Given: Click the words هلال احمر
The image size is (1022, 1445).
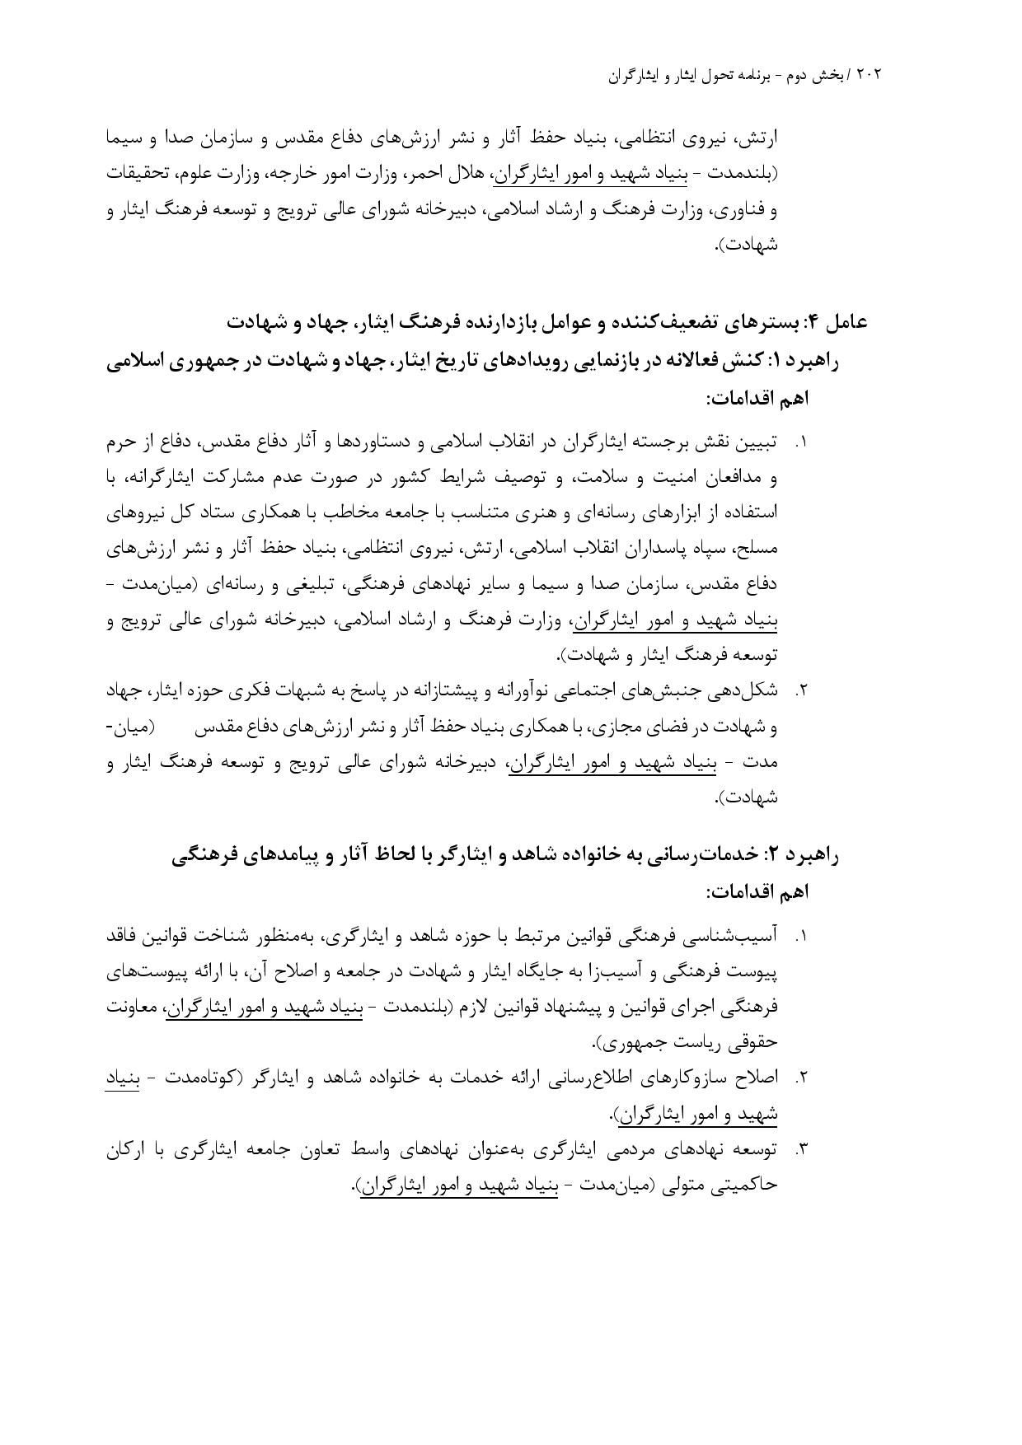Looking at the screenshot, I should (452, 175).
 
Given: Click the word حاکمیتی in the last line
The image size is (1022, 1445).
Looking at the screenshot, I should (750, 1186).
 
